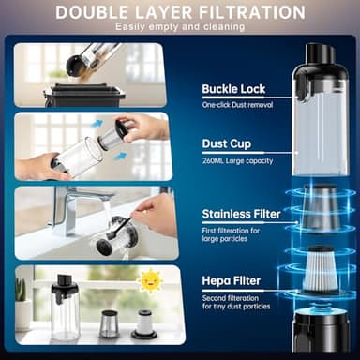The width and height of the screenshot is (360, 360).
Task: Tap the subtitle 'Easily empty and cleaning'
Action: [x=180, y=27]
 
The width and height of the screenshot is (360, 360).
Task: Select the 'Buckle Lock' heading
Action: [x=233, y=89]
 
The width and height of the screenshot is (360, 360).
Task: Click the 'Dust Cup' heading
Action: [x=227, y=143]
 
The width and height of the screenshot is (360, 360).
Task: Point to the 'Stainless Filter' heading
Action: [x=241, y=214]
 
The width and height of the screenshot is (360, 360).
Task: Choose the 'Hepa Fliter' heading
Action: [x=232, y=280]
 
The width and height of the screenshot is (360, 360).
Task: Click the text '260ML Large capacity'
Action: [x=237, y=161]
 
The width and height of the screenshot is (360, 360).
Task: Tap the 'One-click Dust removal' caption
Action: [x=237, y=105]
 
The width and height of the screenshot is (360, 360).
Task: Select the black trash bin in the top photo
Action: [x=84, y=95]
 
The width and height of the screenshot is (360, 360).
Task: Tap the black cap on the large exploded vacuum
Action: [x=319, y=57]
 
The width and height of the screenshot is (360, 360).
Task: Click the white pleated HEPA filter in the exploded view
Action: [x=321, y=269]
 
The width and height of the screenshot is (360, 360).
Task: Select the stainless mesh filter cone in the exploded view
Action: [x=320, y=207]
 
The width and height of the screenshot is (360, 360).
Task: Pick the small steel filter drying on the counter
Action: [x=108, y=324]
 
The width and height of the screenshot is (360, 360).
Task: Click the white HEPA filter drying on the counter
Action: [x=143, y=323]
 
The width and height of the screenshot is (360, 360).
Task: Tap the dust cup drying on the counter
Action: [x=65, y=307]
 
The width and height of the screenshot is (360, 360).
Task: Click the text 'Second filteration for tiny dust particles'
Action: [x=236, y=302]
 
